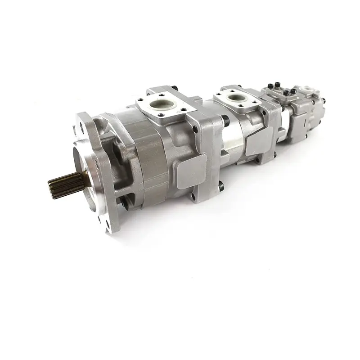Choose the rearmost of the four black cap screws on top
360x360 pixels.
(293, 91)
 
